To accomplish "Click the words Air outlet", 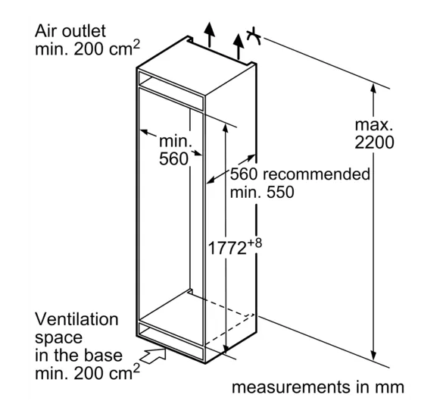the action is (x=70, y=31).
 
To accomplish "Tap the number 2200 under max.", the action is (x=374, y=143).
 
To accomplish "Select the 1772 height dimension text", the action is (x=227, y=248).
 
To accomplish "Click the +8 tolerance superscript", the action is (x=254, y=243).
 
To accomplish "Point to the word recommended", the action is (x=317, y=174).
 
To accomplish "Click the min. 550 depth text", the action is (x=262, y=192).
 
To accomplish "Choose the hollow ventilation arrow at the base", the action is (x=154, y=356).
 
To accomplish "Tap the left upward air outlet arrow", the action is (x=210, y=34).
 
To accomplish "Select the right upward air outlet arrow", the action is (x=238, y=47).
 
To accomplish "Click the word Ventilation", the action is (x=76, y=319).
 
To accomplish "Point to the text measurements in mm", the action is (x=318, y=387).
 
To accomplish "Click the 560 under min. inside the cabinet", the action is (x=173, y=159).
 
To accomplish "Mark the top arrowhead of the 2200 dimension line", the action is (x=374, y=88).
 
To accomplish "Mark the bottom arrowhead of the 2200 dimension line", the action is (x=374, y=356).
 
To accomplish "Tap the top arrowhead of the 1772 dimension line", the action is (x=226, y=128).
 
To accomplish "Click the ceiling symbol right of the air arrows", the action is (x=254, y=36).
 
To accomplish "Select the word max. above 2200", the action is (x=374, y=125).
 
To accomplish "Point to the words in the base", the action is (x=79, y=355).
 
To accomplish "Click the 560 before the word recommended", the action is (x=244, y=174).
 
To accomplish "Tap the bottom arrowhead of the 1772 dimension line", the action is (x=226, y=348).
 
